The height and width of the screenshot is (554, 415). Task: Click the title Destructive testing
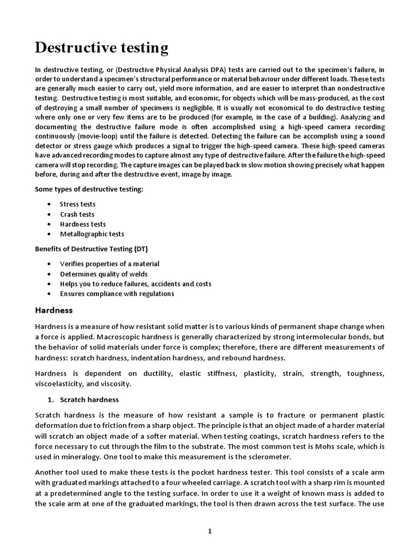[102, 48]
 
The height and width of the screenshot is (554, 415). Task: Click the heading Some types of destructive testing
[89, 189]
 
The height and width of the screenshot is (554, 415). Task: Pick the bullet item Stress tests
[77, 205]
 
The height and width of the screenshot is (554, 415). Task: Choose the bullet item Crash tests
[77, 214]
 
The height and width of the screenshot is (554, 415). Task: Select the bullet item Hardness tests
[83, 224]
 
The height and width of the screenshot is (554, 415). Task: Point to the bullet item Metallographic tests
[92, 234]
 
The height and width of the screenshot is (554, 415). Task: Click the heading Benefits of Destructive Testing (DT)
[91, 249]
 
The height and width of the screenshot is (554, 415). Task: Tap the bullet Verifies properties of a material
[109, 264]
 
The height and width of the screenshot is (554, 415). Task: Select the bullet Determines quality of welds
[103, 274]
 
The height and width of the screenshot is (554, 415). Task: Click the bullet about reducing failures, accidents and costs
[135, 283]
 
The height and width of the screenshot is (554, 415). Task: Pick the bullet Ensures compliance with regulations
[117, 294]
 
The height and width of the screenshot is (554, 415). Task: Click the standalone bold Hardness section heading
[53, 311]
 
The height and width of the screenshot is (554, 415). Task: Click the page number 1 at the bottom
[210, 531]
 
